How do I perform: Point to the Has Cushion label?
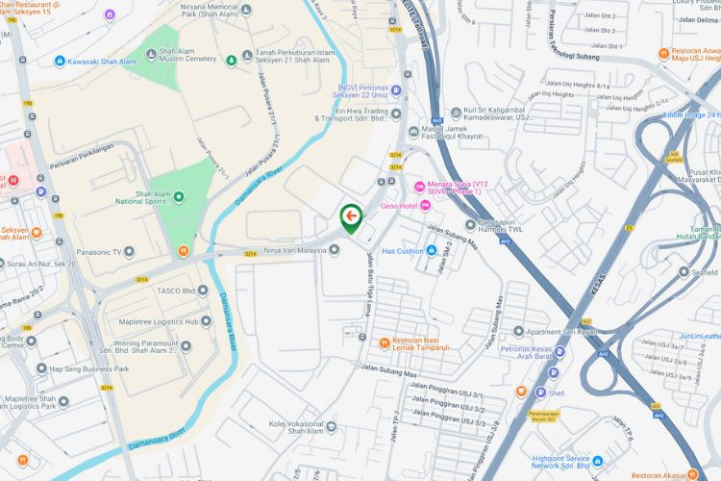click(x=403, y=251)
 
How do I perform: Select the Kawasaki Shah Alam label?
click(x=101, y=61)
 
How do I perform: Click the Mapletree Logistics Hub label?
click(x=158, y=321)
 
